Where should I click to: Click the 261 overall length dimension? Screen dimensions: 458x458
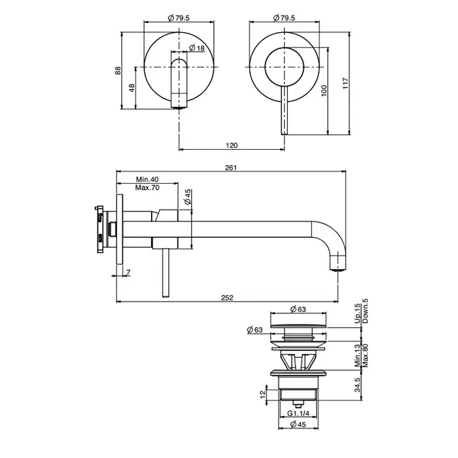pos(231,167)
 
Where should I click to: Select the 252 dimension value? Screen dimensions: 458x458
pos(227,298)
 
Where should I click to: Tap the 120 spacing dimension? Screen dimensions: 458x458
pos(232,145)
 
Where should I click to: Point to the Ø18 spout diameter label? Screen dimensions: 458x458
pos(197,48)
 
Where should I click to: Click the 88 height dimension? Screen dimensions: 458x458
pos(118,71)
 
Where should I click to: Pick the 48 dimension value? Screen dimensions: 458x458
pos(132,88)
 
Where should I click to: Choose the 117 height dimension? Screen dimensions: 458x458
pos(345,83)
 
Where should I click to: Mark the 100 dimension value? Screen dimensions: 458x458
pos(324,91)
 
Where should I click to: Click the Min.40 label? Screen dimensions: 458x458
pos(147,179)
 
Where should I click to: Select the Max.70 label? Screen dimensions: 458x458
pos(147,188)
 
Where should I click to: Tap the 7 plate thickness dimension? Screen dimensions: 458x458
pos(128,272)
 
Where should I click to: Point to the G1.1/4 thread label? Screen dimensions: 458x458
pos(298,414)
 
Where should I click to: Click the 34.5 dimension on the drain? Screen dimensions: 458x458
pos(357,385)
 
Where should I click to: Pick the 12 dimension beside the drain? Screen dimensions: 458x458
pos(263,393)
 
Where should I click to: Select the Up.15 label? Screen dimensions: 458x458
pos(357,313)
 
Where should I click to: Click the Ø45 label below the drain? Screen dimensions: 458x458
pos(298,424)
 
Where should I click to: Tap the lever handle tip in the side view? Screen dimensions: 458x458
pos(166,296)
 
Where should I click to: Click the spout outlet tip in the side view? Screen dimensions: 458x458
pos(338,270)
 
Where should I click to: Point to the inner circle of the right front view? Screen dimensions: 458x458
pos(285,47)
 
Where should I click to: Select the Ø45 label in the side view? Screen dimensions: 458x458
pos(188,197)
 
